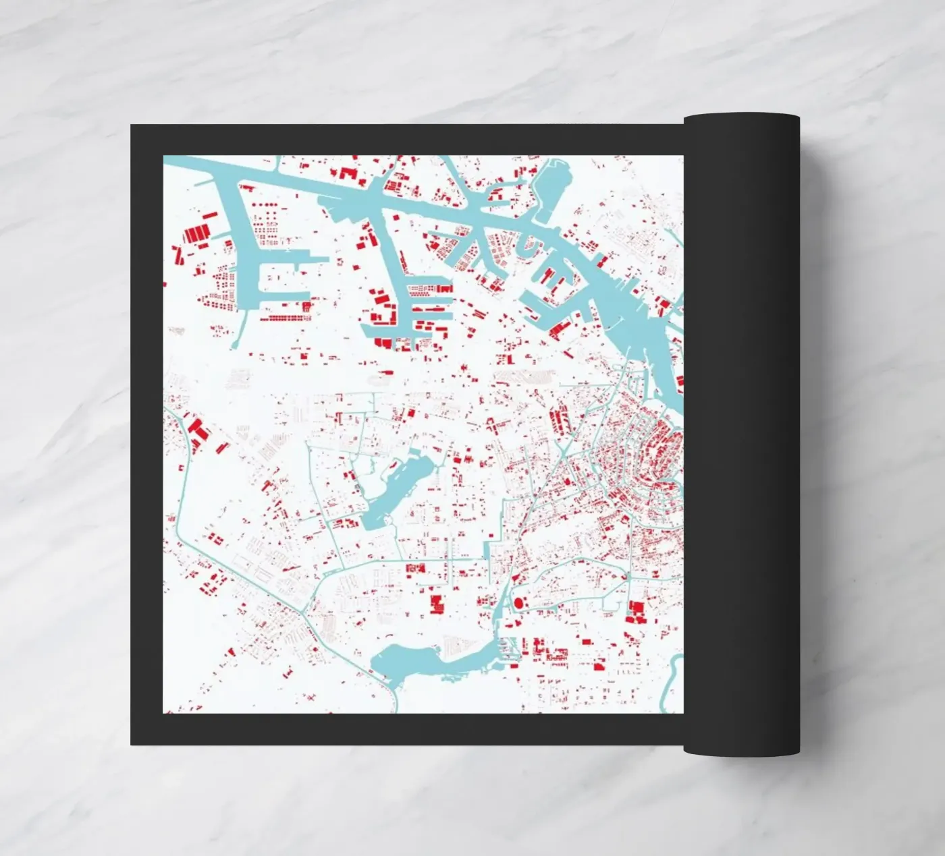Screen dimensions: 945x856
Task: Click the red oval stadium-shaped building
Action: [518, 602]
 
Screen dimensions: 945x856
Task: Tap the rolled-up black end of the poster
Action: [741, 432]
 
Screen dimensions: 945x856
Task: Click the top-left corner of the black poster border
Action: [132, 127]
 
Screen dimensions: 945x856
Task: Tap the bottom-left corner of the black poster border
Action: [132, 743]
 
